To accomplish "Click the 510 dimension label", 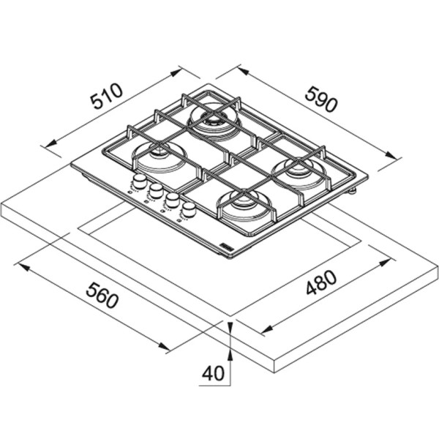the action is tap(107, 95).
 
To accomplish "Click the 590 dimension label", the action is tap(321, 100).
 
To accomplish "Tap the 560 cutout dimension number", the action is tap(102, 295).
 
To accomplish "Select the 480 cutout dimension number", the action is tap(321, 282).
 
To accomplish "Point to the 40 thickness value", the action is tap(214, 373).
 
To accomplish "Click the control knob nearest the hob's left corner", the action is tap(139, 181).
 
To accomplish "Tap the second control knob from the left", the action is tap(156, 190).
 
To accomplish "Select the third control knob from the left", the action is tap(172, 200).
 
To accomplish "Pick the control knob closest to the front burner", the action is tap(189, 209).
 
